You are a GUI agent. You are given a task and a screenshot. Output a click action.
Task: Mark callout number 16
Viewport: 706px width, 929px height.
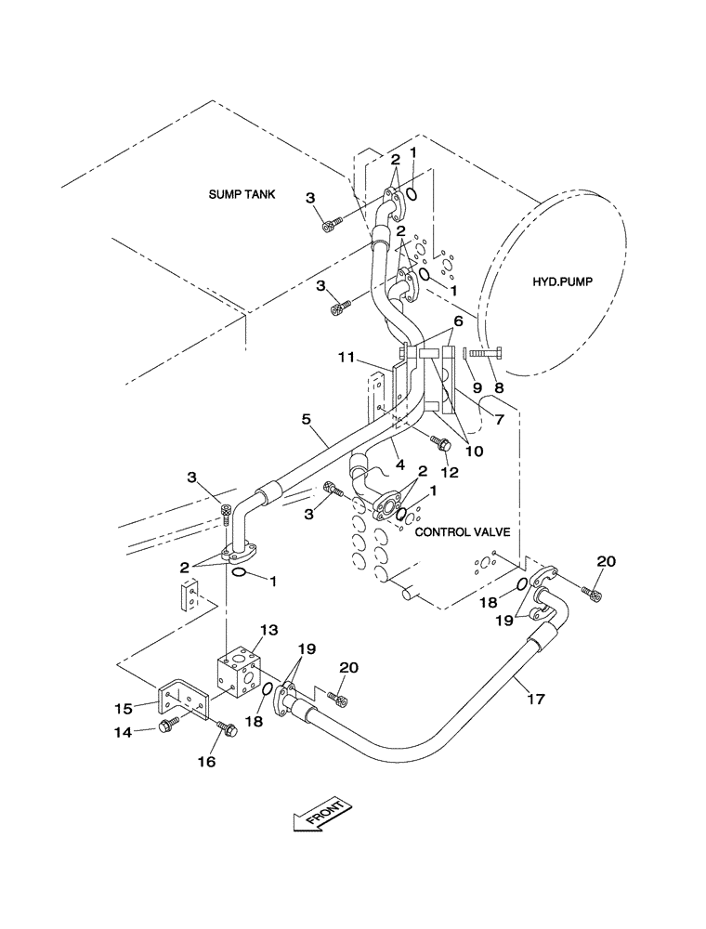pos(206,761)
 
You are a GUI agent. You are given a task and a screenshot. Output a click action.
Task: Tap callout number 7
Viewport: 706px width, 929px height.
pos(498,421)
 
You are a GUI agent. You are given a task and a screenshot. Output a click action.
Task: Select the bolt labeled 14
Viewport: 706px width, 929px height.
pos(168,726)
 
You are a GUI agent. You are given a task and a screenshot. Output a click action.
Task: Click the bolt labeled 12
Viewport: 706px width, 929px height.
pos(443,448)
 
